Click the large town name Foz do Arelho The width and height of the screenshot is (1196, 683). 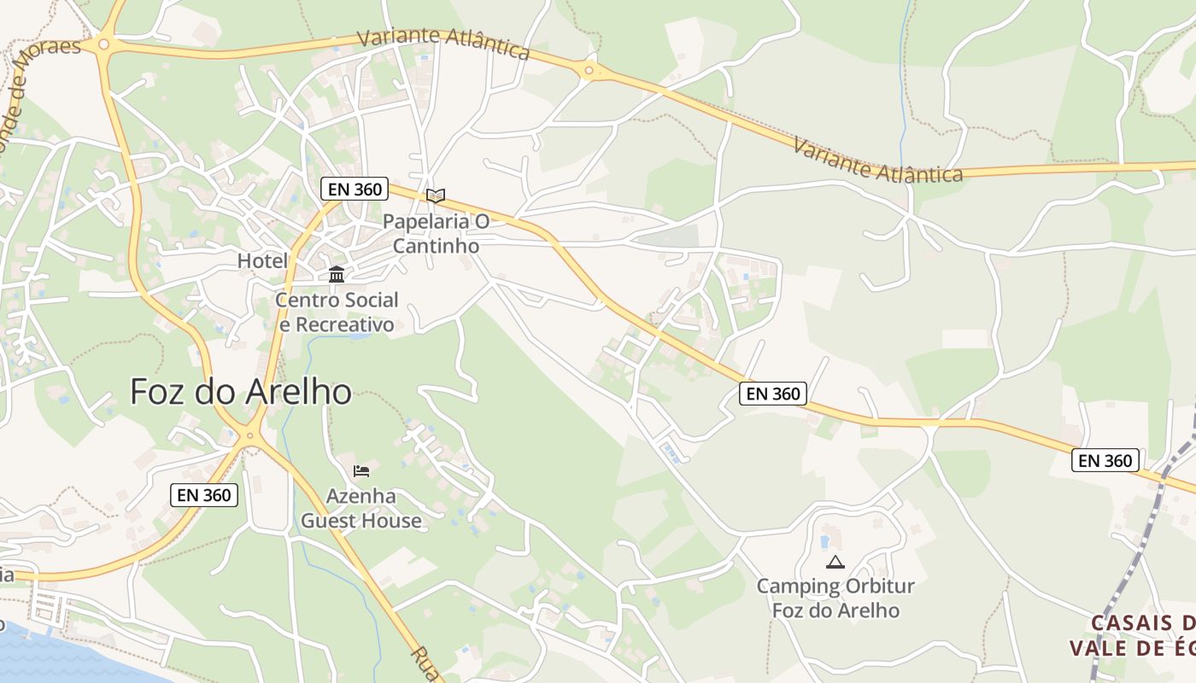[241, 392]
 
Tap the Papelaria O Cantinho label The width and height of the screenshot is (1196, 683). [436, 233]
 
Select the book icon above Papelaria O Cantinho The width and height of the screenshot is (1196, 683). [436, 196]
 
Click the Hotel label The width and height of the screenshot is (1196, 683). [263, 260]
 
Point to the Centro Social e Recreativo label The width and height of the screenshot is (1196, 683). [337, 312]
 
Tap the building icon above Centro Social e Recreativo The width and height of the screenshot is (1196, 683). [337, 275]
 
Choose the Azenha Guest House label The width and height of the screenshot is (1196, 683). [361, 508]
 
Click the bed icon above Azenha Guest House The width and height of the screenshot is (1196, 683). [361, 470]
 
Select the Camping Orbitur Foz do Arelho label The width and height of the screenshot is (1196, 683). [835, 598]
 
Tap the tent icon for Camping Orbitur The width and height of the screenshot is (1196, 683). [835, 562]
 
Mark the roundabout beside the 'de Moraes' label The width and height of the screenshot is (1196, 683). [104, 44]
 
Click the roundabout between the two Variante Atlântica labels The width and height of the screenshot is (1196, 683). [589, 70]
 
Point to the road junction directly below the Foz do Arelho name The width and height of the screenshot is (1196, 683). [250, 435]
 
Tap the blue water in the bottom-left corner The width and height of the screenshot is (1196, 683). [34, 653]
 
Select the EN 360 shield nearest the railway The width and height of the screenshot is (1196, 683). [1105, 460]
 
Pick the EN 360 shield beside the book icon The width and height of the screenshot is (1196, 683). [355, 189]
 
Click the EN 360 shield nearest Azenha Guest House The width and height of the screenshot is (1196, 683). [204, 493]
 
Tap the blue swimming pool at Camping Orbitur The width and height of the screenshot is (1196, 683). [825, 541]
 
